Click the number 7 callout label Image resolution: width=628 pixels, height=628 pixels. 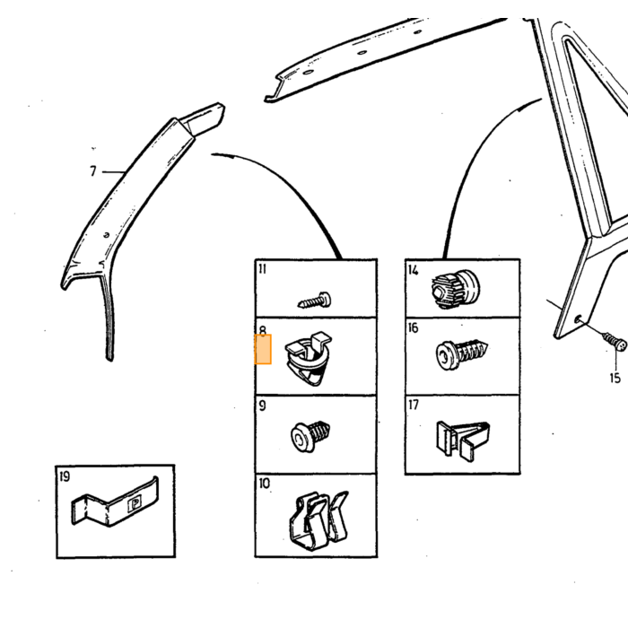pos(93,171)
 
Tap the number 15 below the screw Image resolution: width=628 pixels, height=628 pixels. pos(615,378)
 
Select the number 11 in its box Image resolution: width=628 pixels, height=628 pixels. pos(262,269)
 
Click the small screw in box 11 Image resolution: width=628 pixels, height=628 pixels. pos(314,301)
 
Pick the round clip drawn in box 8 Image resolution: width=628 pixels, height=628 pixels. pos(308,358)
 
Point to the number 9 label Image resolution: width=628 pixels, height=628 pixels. pos(262,406)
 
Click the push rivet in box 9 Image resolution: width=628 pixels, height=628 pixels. pos(310,436)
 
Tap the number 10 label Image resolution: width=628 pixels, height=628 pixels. pos(265,484)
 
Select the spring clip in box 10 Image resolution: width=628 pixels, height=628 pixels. pos(318,520)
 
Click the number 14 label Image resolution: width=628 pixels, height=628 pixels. pos(414,270)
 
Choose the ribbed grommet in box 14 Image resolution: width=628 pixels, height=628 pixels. pos(456,288)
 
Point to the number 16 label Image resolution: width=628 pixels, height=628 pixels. pos(413,328)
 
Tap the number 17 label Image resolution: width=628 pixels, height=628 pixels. pos(414,405)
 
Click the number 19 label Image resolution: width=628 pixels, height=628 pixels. pos(64,476)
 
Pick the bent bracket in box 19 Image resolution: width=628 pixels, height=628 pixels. pos(115,502)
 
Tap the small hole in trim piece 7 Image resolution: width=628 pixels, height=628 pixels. pos(106,235)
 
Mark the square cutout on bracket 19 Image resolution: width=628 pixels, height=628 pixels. pos(135,504)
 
